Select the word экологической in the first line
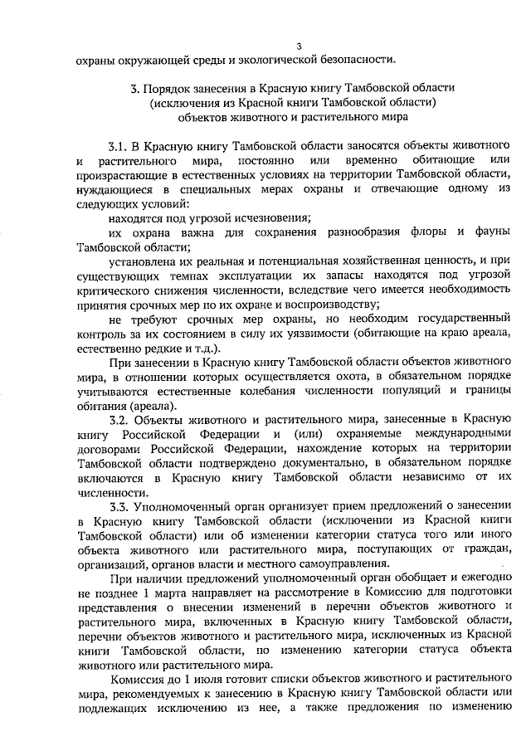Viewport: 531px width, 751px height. point(256,59)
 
